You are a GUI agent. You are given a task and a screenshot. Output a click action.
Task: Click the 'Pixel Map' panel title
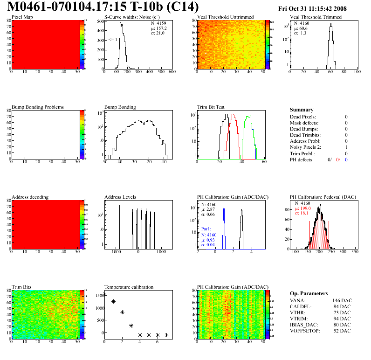(22, 17)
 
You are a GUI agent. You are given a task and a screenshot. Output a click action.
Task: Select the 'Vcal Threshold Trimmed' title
(316, 17)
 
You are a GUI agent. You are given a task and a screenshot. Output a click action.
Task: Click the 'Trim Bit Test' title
(211, 107)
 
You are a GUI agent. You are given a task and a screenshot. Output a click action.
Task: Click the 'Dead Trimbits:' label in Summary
(305, 135)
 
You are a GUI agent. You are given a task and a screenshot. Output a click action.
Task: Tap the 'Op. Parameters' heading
(309, 293)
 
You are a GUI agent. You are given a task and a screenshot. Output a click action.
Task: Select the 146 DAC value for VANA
(341, 300)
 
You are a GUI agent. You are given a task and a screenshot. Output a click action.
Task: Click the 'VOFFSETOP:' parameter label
(306, 331)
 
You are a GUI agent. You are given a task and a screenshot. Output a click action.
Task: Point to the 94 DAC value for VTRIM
(343, 318)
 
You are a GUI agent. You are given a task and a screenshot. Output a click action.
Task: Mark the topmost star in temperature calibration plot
(104, 294)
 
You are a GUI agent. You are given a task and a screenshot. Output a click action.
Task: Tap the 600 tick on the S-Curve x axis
(172, 72)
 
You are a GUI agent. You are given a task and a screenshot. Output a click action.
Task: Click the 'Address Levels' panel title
(120, 197)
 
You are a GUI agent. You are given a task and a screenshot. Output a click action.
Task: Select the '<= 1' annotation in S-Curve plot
(112, 40)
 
